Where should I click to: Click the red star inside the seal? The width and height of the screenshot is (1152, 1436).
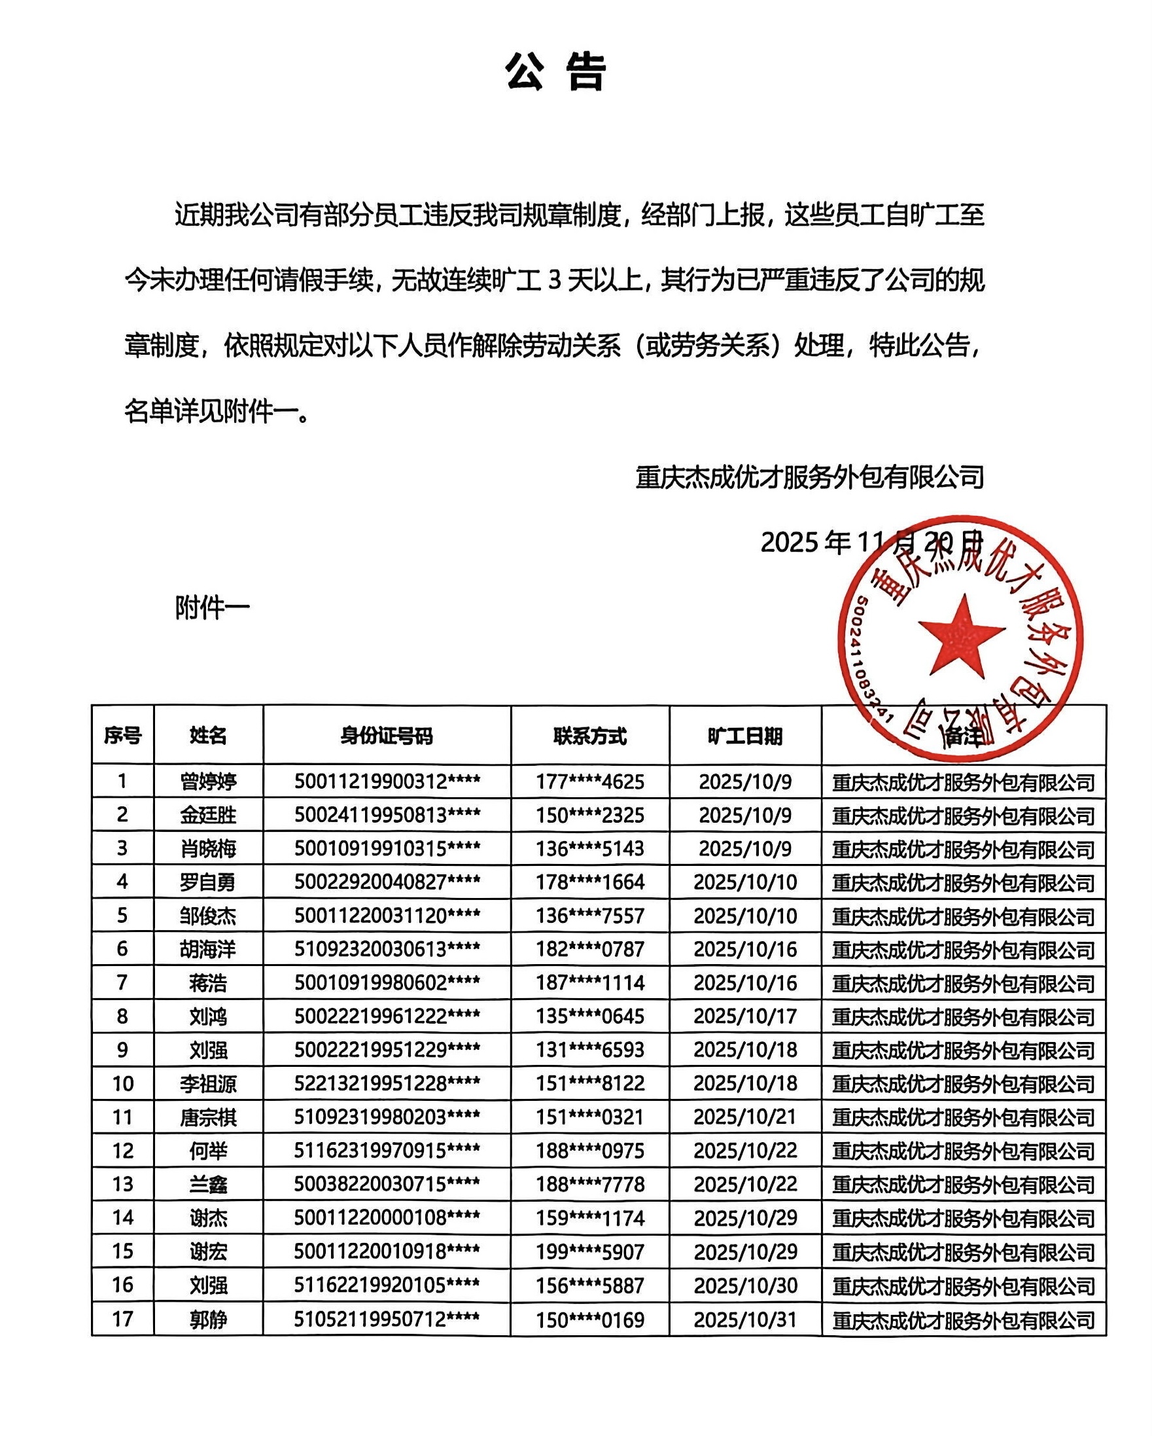[x=961, y=635]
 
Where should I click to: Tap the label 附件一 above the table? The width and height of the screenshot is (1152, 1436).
[x=212, y=607]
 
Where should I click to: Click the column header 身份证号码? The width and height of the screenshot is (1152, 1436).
[x=386, y=736]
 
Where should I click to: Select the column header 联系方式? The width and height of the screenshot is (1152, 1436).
[x=590, y=736]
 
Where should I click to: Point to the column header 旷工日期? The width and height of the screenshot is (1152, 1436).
[x=744, y=736]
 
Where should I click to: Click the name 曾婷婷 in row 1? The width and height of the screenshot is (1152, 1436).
[x=208, y=781]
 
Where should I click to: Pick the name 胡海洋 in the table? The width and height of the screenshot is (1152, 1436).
[x=208, y=949]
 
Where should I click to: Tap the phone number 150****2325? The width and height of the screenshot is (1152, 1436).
[x=590, y=816]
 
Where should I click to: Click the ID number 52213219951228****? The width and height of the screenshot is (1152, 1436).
[x=386, y=1084]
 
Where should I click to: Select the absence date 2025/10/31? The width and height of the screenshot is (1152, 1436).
[x=745, y=1319]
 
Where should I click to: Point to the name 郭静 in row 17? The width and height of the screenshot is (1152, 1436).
[x=208, y=1319]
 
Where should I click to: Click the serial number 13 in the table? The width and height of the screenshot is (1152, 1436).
[x=122, y=1184]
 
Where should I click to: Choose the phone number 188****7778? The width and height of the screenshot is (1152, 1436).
[x=590, y=1184]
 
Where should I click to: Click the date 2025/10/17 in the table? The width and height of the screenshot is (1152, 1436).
[x=745, y=1016]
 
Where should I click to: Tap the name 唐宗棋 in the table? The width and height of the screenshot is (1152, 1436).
[x=208, y=1117]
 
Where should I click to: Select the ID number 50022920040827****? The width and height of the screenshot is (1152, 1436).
[x=386, y=882]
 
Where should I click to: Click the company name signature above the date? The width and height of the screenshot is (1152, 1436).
[x=809, y=477]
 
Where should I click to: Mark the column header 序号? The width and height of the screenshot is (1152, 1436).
[x=122, y=736]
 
